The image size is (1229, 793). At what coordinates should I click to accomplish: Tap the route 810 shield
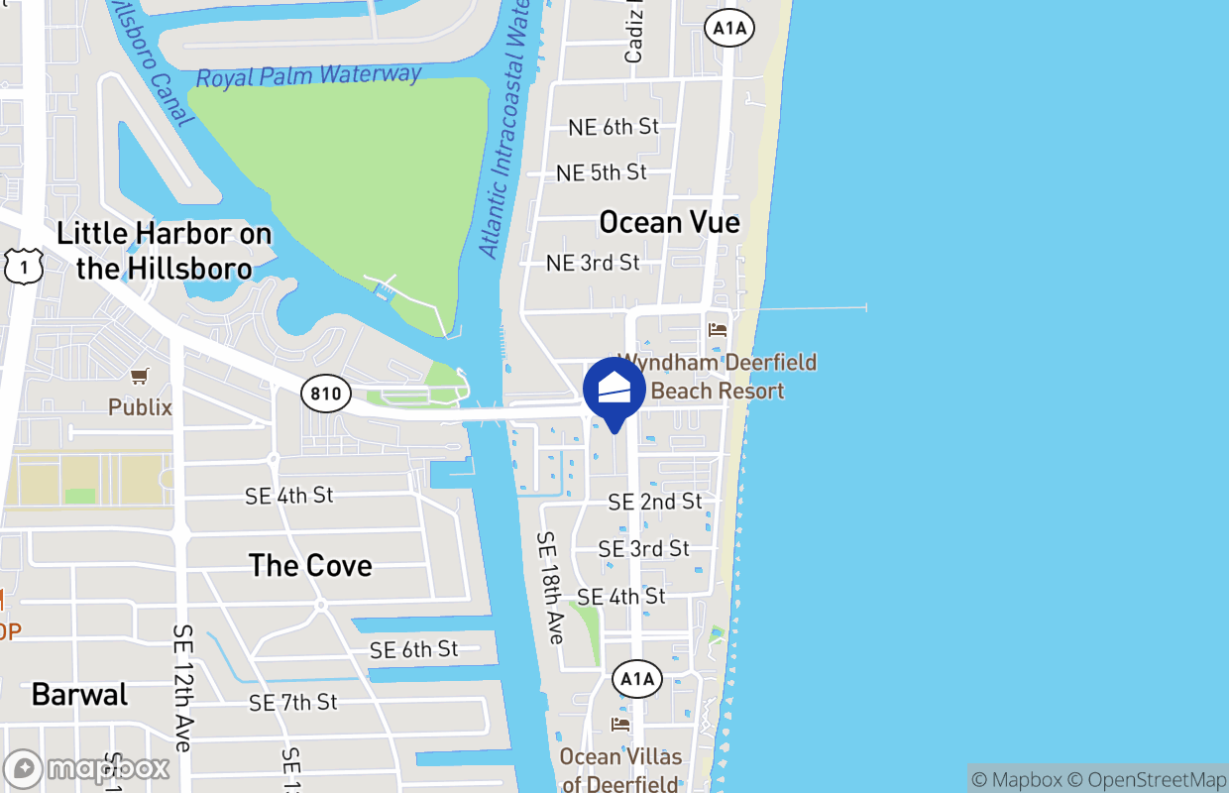[x=325, y=394]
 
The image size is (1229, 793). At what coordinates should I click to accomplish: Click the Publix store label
[x=140, y=407]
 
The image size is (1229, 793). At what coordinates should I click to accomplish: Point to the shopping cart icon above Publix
[x=140, y=376]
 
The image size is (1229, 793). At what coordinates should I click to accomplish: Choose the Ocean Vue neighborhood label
[x=669, y=222]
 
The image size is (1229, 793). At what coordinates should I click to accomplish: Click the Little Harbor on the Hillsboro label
[x=164, y=251]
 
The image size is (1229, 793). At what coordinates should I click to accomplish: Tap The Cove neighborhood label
[x=310, y=565]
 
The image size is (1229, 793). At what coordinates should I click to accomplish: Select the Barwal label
[x=79, y=694]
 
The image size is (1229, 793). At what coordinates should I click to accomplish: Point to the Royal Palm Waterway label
[x=308, y=76]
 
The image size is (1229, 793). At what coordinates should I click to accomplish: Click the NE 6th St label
[x=614, y=127]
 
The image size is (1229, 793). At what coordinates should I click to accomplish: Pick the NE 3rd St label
[x=593, y=263]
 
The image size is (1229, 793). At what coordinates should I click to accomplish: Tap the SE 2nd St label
[x=655, y=502]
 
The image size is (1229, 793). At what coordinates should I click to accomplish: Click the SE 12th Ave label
[x=182, y=687]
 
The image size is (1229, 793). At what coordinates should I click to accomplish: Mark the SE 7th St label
[x=292, y=702]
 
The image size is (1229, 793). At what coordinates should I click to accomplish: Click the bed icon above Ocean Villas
[x=621, y=724]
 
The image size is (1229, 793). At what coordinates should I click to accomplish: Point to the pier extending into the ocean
[x=813, y=308]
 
